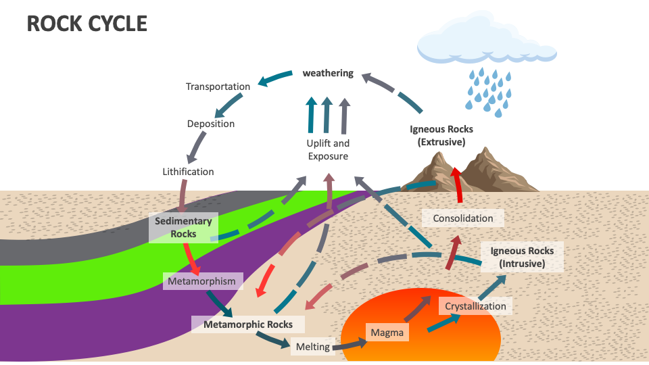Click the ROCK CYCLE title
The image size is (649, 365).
tap(87, 24)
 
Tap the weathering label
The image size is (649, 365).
tap(328, 73)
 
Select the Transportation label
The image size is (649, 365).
tap(218, 87)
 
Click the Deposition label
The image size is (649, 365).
tap(211, 124)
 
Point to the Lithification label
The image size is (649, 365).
tap(188, 172)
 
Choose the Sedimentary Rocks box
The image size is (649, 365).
tap(183, 228)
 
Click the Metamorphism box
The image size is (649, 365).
tap(203, 281)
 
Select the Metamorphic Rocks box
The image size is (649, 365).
tap(248, 324)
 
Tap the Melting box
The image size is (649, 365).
tap(313, 347)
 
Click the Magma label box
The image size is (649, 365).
tap(387, 333)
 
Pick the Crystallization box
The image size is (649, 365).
tap(475, 306)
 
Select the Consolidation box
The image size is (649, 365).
tap(463, 218)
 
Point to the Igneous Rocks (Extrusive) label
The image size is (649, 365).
tap(441, 135)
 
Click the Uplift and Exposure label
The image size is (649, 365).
tap(328, 150)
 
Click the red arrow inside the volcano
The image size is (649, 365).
tap(459, 184)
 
